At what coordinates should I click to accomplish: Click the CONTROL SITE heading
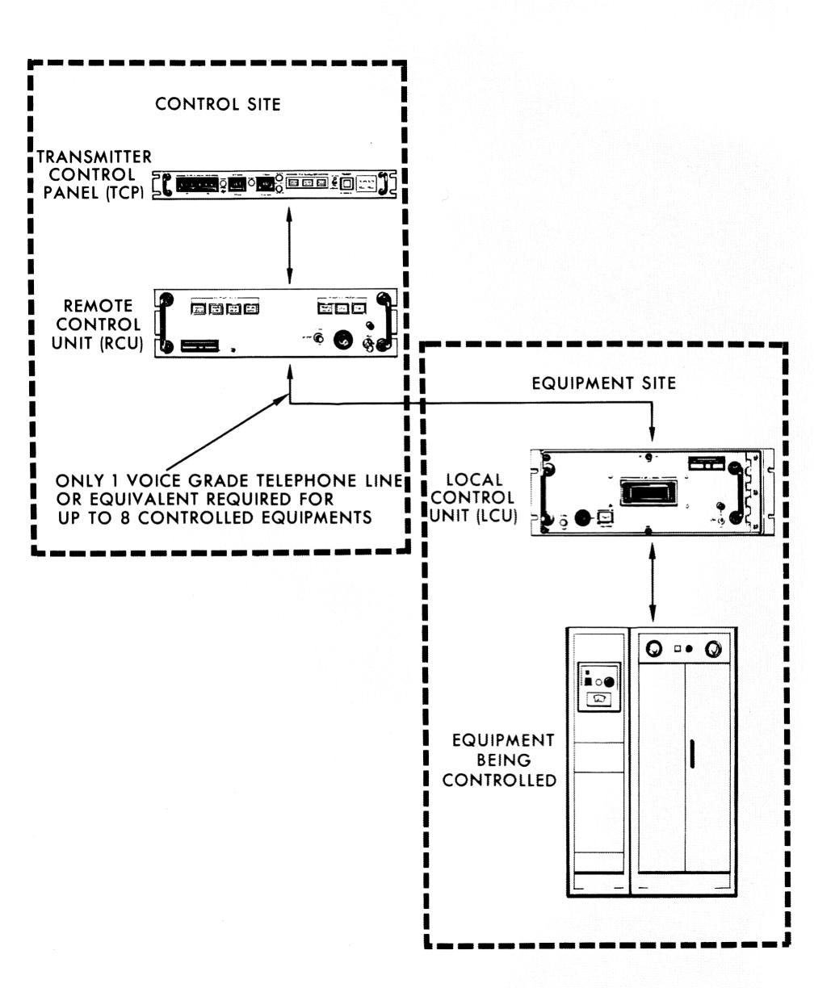pyautogui.click(x=218, y=105)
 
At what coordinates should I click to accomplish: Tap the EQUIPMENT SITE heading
pyautogui.click(x=604, y=384)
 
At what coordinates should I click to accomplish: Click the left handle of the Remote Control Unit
pyautogui.click(x=168, y=322)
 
